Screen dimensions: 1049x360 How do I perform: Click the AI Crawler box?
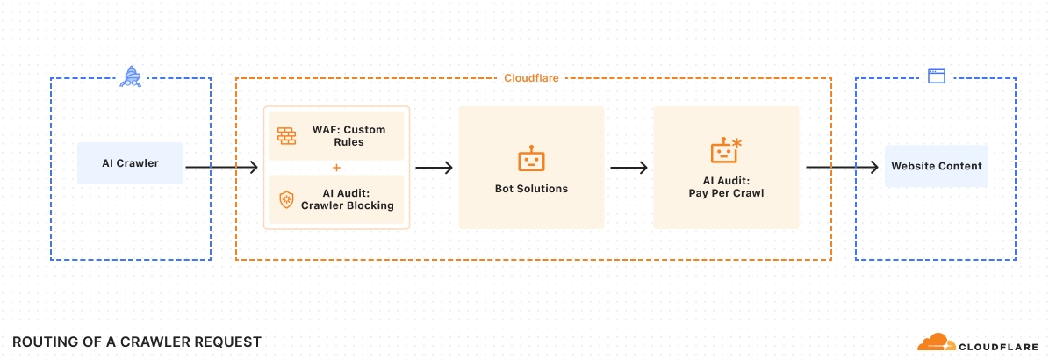click(x=130, y=162)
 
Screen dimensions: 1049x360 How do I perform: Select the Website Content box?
click(x=936, y=166)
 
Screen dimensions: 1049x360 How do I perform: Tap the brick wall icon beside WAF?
click(x=287, y=136)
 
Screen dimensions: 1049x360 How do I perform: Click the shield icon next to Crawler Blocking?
click(x=286, y=199)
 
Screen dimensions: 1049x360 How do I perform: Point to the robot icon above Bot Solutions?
click(x=531, y=159)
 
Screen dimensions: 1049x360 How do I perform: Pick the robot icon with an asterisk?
click(x=725, y=150)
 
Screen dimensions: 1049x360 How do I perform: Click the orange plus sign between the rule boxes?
click(x=336, y=168)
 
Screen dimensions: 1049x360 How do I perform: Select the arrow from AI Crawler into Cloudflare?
click(x=221, y=168)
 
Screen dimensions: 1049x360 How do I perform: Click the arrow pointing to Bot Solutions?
click(x=435, y=168)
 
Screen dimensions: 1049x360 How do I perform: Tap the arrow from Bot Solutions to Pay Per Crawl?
click(x=629, y=168)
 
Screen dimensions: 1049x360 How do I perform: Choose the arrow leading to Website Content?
click(x=842, y=168)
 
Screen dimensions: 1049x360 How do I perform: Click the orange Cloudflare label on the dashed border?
click(x=531, y=78)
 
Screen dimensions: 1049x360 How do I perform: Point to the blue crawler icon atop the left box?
click(x=130, y=76)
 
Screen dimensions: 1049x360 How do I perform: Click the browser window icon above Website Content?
click(x=936, y=76)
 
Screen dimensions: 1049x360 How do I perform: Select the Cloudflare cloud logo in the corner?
click(x=937, y=342)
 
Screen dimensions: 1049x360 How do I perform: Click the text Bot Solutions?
click(x=531, y=189)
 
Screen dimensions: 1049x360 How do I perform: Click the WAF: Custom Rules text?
click(x=348, y=136)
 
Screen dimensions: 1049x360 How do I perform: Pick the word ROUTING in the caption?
click(x=39, y=342)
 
